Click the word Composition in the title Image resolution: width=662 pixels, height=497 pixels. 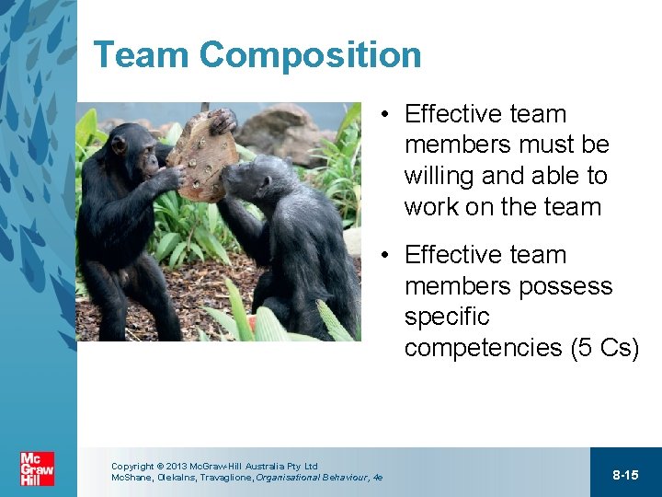pos(311,56)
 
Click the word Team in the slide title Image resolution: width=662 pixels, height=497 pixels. pos(142,55)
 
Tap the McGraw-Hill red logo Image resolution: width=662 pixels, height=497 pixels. pos(38,469)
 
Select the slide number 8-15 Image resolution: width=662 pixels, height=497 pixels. pos(625,475)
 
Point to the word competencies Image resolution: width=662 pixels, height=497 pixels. pos(484,348)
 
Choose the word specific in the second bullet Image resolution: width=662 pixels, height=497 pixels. pos(447,317)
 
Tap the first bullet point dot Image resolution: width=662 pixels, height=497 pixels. pos(389,115)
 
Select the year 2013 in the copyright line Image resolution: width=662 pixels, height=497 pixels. pos(177,467)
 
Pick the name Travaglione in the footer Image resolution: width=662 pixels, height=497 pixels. pos(222,478)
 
